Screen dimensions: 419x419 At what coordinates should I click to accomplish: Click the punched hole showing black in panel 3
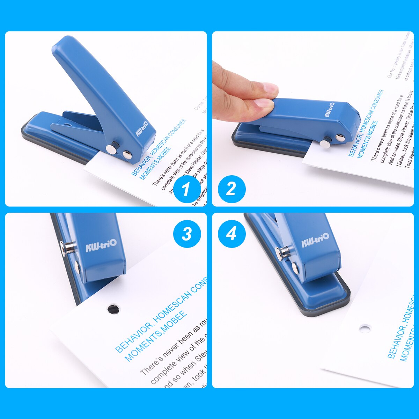(113, 309)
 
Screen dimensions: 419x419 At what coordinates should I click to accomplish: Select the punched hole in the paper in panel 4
(365, 329)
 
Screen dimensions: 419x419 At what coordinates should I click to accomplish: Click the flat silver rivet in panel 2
(339, 138)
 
